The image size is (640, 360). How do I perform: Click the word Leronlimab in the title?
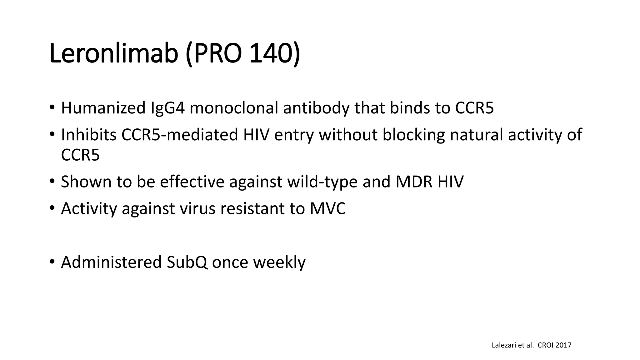pyautogui.click(x=114, y=54)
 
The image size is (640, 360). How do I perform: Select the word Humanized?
pyautogui.click(x=103, y=108)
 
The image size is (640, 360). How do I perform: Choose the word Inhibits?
pyautogui.click(x=88, y=135)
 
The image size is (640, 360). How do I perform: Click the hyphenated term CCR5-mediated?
pyautogui.click(x=180, y=135)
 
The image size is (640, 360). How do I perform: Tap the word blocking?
pyautogui.click(x=413, y=135)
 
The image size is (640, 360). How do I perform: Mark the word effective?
pyautogui.click(x=192, y=182)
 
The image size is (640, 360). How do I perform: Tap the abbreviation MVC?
pyautogui.click(x=328, y=208)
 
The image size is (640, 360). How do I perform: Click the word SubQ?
pyautogui.click(x=187, y=262)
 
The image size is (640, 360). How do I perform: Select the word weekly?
pyautogui.click(x=279, y=262)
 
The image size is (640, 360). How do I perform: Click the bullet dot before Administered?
pyautogui.click(x=52, y=261)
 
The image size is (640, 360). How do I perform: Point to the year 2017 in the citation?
pyautogui.click(x=564, y=345)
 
